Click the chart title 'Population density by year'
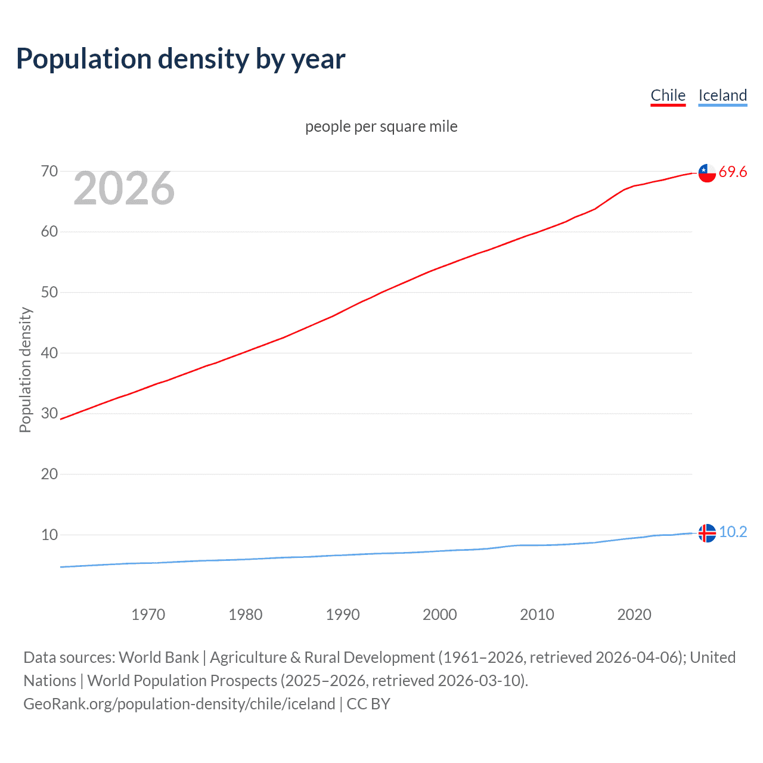181,59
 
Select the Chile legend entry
668,95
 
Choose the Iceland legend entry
722,95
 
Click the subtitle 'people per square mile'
381,126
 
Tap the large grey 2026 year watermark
124,189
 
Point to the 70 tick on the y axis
49,172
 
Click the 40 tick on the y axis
49,353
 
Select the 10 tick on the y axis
49,535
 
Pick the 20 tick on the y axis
49,474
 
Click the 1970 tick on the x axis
148,615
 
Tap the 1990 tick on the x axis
343,615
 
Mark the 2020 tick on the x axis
634,615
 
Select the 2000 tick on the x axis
440,615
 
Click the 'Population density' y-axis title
25,370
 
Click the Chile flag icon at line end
707,173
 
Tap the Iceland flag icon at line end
707,533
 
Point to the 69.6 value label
733,172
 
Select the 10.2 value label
733,532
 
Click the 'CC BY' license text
368,704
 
